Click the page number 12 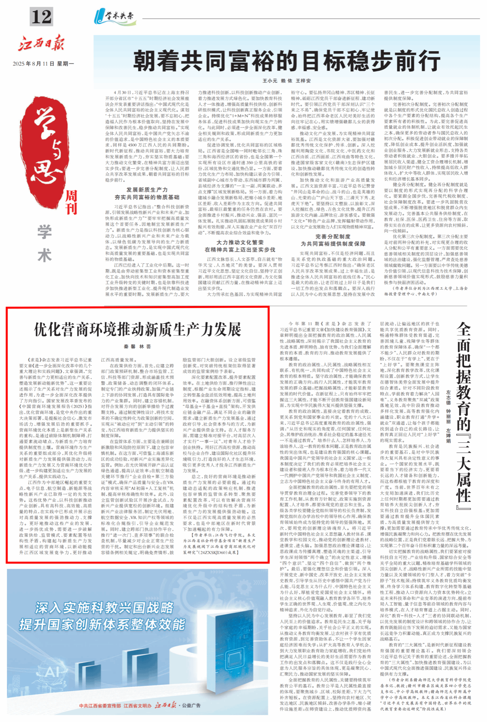[41, 17]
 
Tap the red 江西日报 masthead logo [41, 43]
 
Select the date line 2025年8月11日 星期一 [43, 63]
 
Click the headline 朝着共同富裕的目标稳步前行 [286, 61]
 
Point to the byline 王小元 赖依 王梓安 [287, 81]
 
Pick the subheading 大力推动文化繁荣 [240, 242]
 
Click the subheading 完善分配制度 [333, 236]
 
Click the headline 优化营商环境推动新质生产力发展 [137, 330]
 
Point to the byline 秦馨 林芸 [137, 347]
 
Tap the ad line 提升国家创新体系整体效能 [102, 624]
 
